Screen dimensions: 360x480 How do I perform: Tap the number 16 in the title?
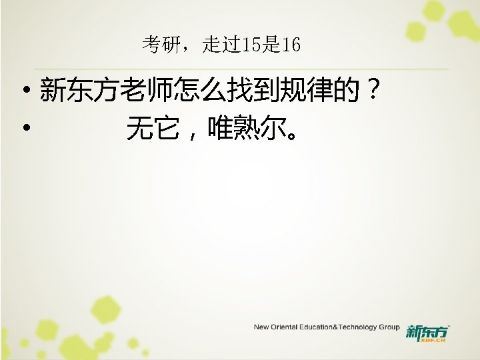point(291,45)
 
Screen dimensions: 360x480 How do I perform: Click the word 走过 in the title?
point(217,45)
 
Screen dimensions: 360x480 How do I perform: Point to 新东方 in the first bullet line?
point(70,90)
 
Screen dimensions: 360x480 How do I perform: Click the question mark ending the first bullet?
point(376,90)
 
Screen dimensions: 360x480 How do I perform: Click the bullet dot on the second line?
point(24,126)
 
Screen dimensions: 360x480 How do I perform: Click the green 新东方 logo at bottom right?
point(427,331)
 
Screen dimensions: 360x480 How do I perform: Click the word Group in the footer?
point(389,327)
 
